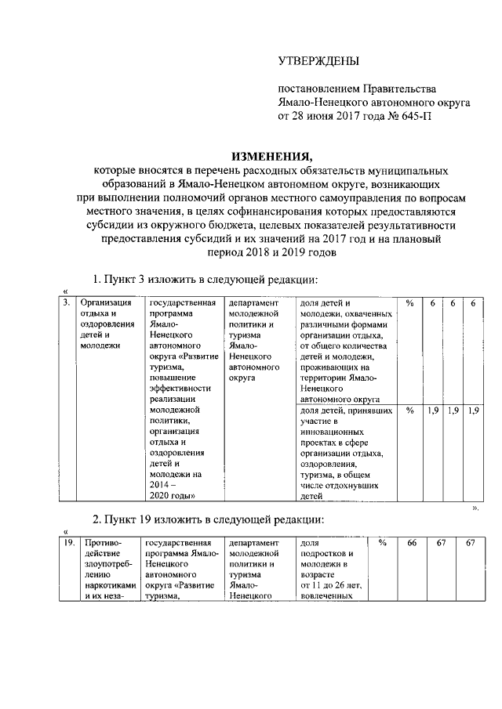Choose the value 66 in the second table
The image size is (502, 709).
pyautogui.click(x=412, y=543)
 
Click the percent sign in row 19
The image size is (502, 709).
pyautogui.click(x=382, y=543)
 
